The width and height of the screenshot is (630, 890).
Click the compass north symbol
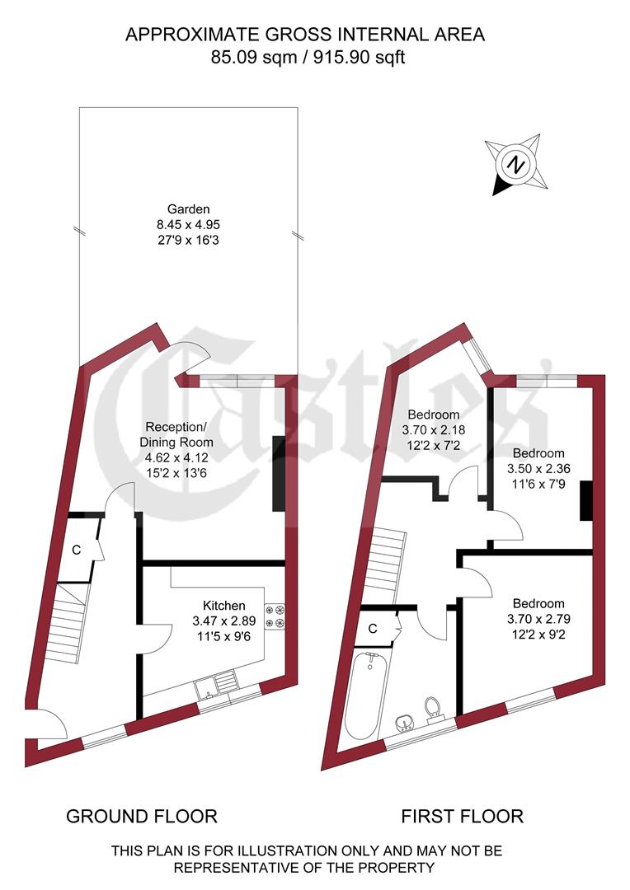tap(515, 163)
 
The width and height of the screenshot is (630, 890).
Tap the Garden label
tap(189, 209)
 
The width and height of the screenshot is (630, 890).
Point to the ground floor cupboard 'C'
tap(75, 550)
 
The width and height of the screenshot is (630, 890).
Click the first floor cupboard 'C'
tap(373, 629)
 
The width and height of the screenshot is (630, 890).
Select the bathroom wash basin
tap(405, 724)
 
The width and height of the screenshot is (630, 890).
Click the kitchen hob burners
tap(275, 619)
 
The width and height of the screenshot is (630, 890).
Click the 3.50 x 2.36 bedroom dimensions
tap(538, 468)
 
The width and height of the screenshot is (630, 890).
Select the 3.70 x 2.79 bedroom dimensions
tap(538, 618)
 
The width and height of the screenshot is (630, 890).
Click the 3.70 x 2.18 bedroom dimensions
tap(430, 429)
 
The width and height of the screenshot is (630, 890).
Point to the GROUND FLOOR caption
tap(141, 817)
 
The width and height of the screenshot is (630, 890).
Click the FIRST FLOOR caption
tap(462, 817)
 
